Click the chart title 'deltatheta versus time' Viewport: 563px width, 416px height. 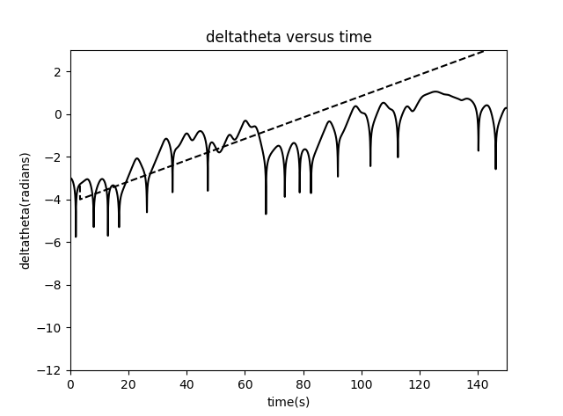pos(289,37)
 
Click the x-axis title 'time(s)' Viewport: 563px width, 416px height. pos(289,402)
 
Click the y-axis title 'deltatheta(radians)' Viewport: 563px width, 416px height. pos(26,210)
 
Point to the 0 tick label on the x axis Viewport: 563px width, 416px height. pos(70,383)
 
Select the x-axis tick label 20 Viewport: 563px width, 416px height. pos(128,383)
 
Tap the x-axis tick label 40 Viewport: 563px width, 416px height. pos(186,383)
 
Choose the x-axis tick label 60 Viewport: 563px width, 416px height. pos(245,383)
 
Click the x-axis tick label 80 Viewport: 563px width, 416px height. pos(303,383)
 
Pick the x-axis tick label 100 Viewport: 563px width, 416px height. pos(362,383)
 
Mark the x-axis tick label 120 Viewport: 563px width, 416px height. pos(420,383)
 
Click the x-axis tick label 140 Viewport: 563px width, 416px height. pos(478,383)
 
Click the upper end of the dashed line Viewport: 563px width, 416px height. pos(484,50)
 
